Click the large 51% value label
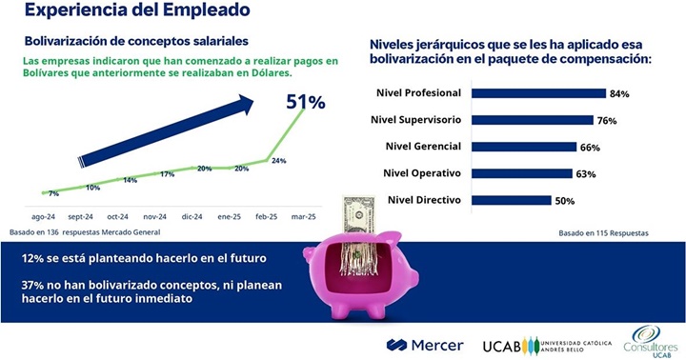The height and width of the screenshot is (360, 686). pyautogui.click(x=306, y=101)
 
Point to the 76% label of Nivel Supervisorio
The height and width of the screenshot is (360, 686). pyautogui.click(x=607, y=121)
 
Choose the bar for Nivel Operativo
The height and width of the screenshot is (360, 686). pyautogui.click(x=520, y=173)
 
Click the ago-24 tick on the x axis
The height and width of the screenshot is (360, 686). pyautogui.click(x=43, y=216)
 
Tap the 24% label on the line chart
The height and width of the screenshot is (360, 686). pyautogui.click(x=279, y=161)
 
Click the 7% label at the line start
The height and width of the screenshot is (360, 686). pyautogui.click(x=53, y=193)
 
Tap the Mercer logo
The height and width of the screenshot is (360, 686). pyautogui.click(x=425, y=344)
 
